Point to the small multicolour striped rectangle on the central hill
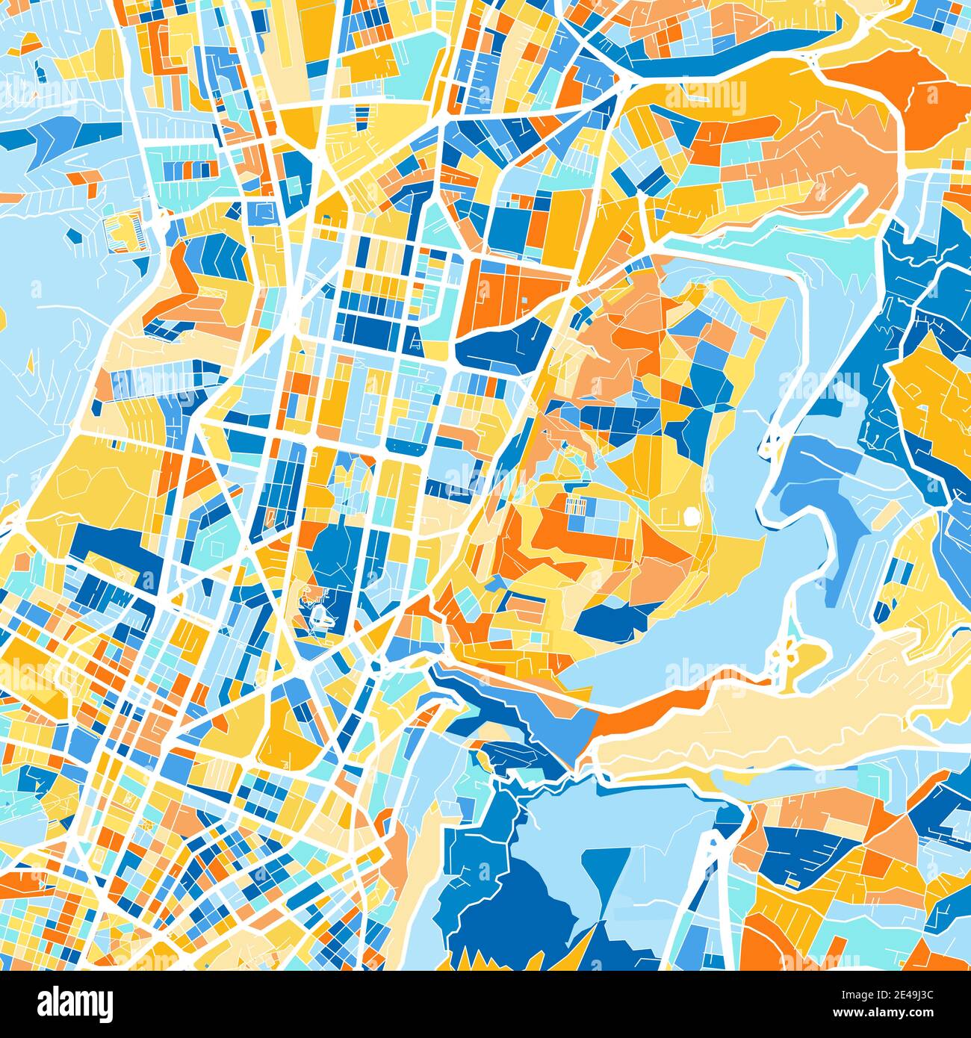pos(577,506)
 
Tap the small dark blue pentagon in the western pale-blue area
pos(75,236)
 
